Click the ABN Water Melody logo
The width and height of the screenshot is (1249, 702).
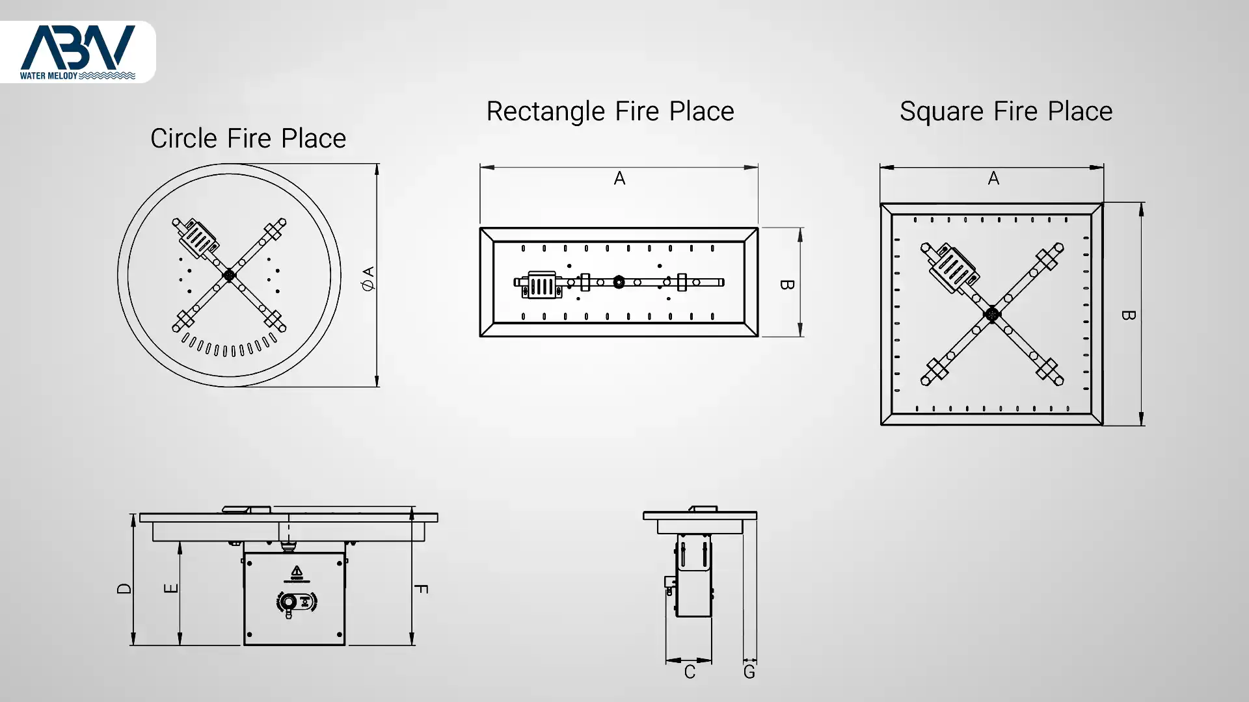pyautogui.click(x=77, y=52)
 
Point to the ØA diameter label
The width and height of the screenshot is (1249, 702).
pyautogui.click(x=368, y=278)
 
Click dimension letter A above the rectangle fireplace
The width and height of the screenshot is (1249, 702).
pyautogui.click(x=619, y=178)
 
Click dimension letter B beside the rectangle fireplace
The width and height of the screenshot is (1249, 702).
pyautogui.click(x=786, y=285)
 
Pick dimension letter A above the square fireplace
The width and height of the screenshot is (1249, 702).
pyautogui.click(x=993, y=178)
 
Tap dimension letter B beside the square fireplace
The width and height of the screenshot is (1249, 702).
pyautogui.click(x=1129, y=315)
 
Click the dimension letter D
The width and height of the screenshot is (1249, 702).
pyautogui.click(x=124, y=588)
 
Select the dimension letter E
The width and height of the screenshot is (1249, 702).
pyautogui.click(x=171, y=588)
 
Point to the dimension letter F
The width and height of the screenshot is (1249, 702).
pyautogui.click(x=421, y=589)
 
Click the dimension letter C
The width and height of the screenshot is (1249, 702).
pyautogui.click(x=690, y=672)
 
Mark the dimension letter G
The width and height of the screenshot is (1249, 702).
pyautogui.click(x=749, y=672)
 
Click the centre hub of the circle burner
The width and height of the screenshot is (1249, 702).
pyautogui.click(x=229, y=276)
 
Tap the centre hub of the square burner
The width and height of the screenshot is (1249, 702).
pyautogui.click(x=992, y=315)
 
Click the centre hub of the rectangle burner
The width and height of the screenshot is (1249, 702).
pyautogui.click(x=619, y=282)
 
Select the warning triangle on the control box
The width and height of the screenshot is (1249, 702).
pyautogui.click(x=297, y=571)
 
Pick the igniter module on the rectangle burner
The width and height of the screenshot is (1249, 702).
pyautogui.click(x=541, y=285)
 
